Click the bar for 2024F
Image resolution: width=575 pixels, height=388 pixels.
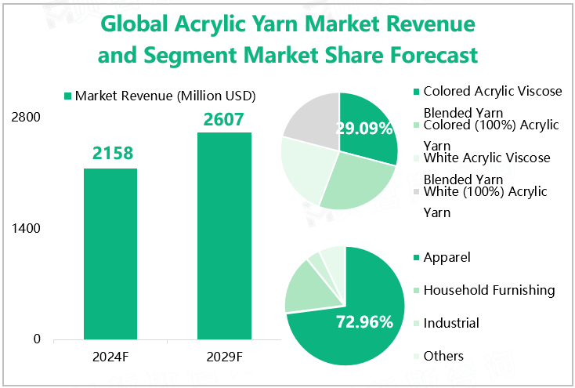click(110, 254)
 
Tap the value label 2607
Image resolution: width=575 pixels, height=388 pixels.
click(224, 119)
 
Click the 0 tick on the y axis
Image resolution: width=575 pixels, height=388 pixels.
click(37, 339)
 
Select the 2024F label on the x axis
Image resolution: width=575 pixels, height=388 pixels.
click(110, 357)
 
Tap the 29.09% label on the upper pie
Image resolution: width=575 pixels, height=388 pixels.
click(364, 129)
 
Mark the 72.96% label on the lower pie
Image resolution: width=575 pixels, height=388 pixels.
click(364, 321)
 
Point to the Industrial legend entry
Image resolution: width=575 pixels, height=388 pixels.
click(451, 323)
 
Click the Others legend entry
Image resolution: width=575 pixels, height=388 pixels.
click(443, 356)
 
